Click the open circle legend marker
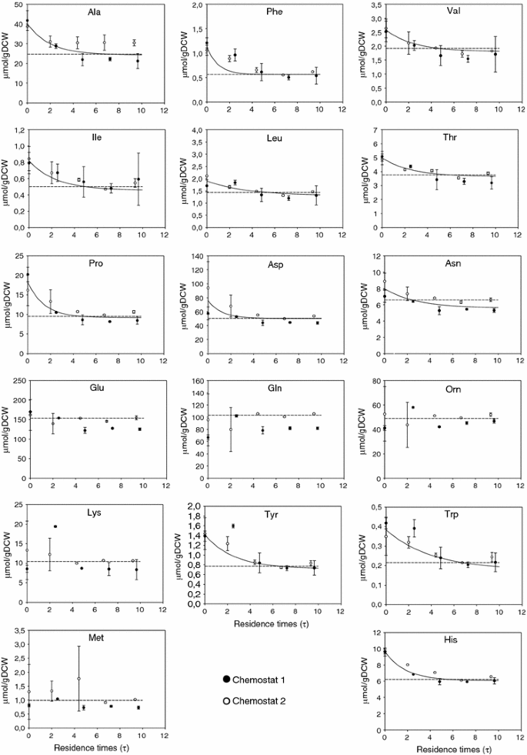(x=227, y=699)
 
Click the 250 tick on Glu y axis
(x=15, y=381)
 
